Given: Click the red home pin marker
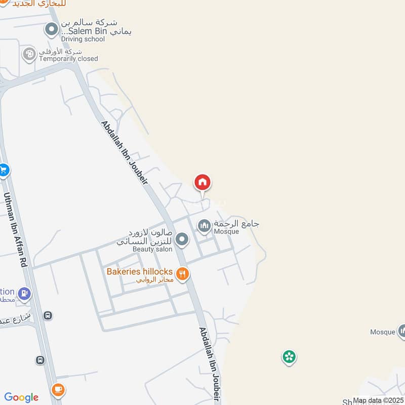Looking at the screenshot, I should click(x=202, y=182).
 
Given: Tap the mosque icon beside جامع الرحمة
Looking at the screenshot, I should click(x=204, y=226).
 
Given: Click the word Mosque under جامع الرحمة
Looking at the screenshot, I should click(x=226, y=232).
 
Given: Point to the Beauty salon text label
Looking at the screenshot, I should click(x=152, y=249).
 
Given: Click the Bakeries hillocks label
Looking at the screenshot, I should click(x=140, y=272).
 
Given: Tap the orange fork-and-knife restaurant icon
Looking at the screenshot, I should click(x=183, y=274).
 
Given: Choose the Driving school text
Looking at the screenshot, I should click(x=83, y=39).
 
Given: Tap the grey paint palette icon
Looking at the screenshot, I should click(x=29, y=54).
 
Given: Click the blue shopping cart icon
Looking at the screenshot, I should click(x=4, y=171).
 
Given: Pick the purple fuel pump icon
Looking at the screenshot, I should click(x=24, y=293).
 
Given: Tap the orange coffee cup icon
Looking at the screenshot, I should click(x=58, y=389).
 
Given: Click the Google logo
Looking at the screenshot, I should click(x=21, y=397).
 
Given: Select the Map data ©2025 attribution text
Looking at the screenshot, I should click(x=378, y=400).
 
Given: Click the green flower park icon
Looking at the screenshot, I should click(x=289, y=357).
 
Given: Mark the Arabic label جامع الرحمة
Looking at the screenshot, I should click(x=237, y=223).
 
